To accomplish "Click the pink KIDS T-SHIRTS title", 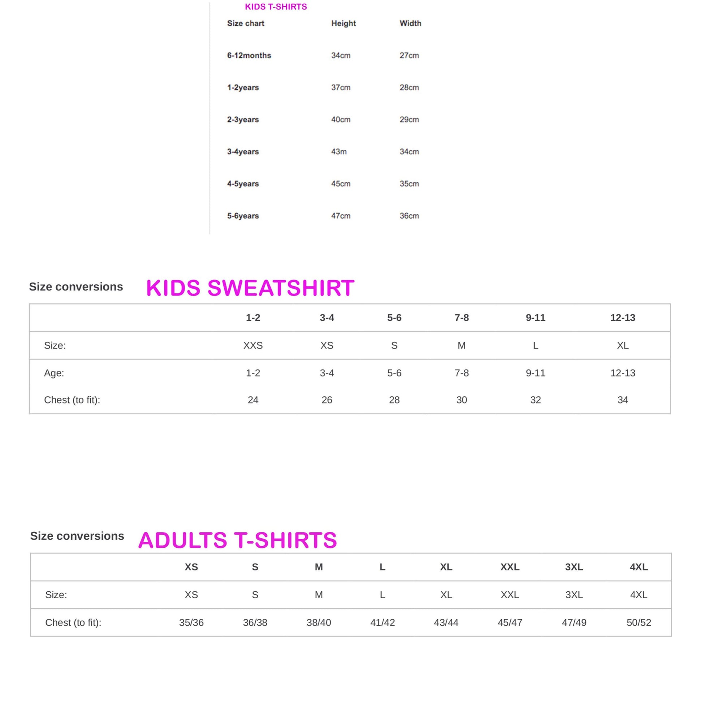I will coord(276,7).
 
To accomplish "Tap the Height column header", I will coord(343,23).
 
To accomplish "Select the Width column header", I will coord(410,23).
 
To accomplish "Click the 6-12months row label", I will coord(249,55).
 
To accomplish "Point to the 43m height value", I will coord(338,151).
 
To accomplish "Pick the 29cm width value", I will coord(409,119).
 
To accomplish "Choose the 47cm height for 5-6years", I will coord(341,216).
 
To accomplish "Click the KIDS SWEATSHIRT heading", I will coord(250,288).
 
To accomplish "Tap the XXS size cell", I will coord(253,345).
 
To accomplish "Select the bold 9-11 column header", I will coord(535,318).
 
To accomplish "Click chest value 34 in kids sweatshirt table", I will coord(622,400).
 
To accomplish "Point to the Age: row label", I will coord(54,373).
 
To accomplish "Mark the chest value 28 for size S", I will coord(394,400).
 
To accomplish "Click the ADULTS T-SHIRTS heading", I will coord(238,540).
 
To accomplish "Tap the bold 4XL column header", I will coord(639,567).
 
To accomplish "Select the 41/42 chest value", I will coord(383,622).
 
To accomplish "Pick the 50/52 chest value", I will coord(639,622).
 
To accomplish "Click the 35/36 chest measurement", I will coord(191,622).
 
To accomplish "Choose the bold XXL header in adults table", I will coord(510,567).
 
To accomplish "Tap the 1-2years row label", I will coord(243,87).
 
